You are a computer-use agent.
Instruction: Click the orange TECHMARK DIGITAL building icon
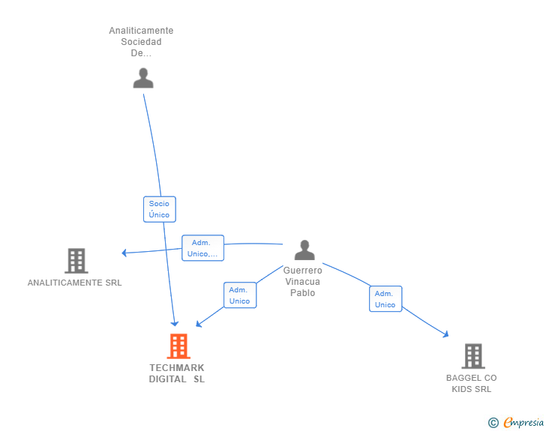pyautogui.click(x=178, y=346)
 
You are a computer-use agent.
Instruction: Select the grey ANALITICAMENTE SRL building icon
pyautogui.click(x=76, y=261)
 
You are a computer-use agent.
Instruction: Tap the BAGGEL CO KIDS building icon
pyautogui.click(x=472, y=356)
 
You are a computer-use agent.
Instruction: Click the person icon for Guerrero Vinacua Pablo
pyautogui.click(x=304, y=250)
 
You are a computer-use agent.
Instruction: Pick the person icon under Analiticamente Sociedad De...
pyautogui.click(x=142, y=78)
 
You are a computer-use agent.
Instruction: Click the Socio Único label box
pyautogui.click(x=159, y=209)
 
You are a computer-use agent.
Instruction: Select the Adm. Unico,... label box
pyautogui.click(x=202, y=248)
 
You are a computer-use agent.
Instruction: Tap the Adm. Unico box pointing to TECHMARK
pyautogui.click(x=239, y=295)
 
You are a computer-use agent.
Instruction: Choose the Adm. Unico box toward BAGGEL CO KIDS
pyautogui.click(x=385, y=299)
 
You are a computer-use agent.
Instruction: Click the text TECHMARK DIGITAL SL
pyautogui.click(x=177, y=373)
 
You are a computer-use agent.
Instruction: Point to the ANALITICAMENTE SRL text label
pyautogui.click(x=74, y=283)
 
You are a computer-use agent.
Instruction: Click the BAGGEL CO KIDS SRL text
pyautogui.click(x=471, y=383)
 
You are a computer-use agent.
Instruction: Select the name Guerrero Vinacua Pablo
pyautogui.click(x=303, y=281)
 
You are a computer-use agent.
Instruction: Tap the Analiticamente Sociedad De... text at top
pyautogui.click(x=141, y=42)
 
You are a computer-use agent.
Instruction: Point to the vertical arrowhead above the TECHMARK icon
pyautogui.click(x=175, y=323)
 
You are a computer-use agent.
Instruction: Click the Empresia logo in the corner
pyautogui.click(x=523, y=423)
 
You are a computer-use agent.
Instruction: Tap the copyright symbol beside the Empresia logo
pyautogui.click(x=493, y=423)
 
